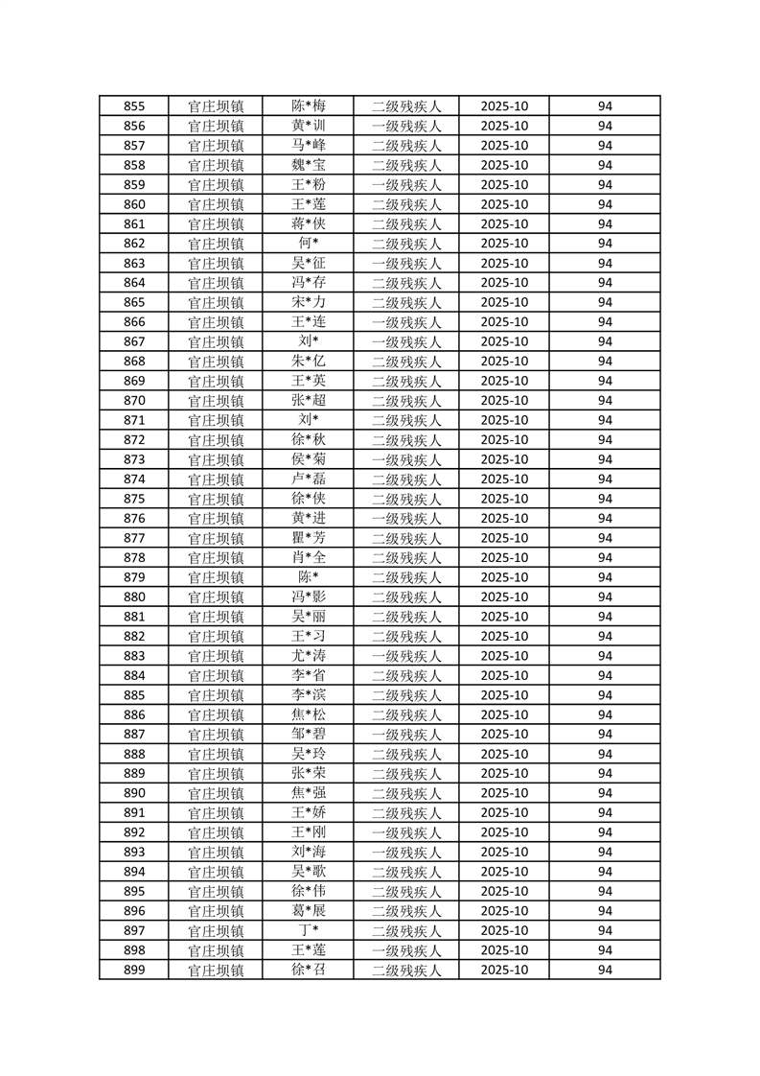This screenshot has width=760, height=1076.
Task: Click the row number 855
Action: (134, 106)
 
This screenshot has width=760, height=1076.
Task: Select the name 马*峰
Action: (309, 146)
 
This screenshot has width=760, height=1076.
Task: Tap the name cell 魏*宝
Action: (309, 165)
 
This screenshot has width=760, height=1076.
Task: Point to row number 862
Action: (134, 244)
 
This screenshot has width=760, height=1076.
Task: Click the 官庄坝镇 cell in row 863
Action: (216, 264)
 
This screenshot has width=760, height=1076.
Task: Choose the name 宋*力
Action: (309, 302)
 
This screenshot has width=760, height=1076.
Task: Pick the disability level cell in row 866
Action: (406, 322)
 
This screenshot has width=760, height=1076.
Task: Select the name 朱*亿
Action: (309, 362)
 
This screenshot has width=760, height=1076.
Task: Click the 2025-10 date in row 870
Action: (504, 401)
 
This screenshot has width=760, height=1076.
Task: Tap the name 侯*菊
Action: (309, 459)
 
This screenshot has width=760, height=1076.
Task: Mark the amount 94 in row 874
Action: (605, 480)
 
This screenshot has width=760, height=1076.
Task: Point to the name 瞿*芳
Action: (309, 538)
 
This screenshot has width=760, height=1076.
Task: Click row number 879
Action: (134, 577)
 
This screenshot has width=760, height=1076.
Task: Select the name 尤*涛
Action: (309, 656)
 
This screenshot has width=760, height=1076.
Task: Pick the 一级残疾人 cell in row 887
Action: (406, 735)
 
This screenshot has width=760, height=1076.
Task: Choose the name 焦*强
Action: (309, 793)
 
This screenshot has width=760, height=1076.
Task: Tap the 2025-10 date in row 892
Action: (504, 832)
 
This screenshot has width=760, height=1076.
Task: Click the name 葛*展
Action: (309, 911)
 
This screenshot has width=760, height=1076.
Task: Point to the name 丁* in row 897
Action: (309, 930)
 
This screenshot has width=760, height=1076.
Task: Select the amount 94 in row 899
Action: (605, 970)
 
